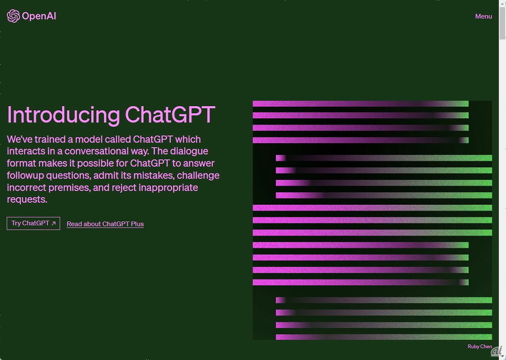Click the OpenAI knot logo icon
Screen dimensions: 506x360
(13, 16)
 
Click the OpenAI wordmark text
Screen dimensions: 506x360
(39, 16)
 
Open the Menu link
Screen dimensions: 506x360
(483, 16)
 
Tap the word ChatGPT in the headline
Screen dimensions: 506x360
(170, 114)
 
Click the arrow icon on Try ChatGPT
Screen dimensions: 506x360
(54, 223)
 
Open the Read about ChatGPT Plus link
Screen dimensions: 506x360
(105, 224)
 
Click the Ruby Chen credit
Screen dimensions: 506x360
(480, 346)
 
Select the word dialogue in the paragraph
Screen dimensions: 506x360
(189, 152)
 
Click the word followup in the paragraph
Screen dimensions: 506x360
(25, 175)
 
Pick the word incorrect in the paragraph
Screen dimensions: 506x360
(26, 188)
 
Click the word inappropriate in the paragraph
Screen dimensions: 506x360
(168, 188)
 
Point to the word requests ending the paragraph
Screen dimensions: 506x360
(27, 200)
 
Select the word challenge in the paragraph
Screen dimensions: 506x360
(198, 176)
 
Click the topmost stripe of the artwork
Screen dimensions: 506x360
(360, 104)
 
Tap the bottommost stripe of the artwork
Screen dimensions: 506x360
(384, 337)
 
